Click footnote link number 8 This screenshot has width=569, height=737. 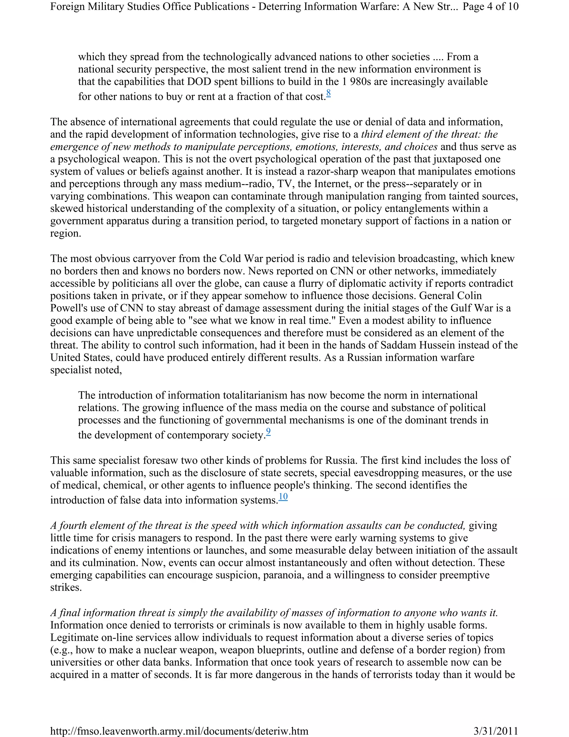[x=328, y=93]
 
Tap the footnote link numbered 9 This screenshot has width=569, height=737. [x=268, y=432]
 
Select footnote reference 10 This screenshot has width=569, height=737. [x=283, y=496]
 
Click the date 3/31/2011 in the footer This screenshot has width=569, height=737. [x=496, y=731]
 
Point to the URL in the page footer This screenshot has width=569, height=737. [x=179, y=731]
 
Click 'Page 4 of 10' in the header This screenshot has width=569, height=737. [x=490, y=6]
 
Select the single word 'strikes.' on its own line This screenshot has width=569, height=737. [x=66, y=587]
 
